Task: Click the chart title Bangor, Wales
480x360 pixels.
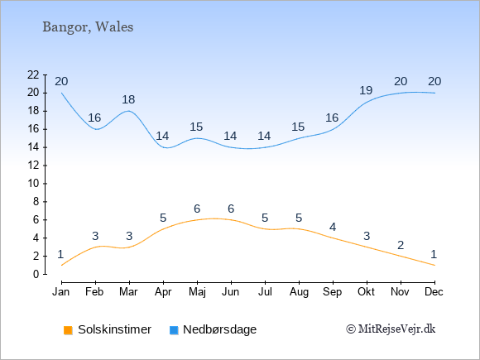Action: point(88,27)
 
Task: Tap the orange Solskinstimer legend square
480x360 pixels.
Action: point(68,330)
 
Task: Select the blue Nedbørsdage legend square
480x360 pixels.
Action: point(174,330)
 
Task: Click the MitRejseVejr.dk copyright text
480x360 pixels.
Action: point(391,329)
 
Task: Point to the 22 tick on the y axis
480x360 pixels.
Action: point(33,74)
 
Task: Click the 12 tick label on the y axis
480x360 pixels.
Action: point(33,166)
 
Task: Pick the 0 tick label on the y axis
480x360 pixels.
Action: point(36,274)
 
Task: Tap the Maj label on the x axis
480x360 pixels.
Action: point(197,292)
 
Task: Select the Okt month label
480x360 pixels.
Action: point(366,292)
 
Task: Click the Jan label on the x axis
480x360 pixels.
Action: point(61,292)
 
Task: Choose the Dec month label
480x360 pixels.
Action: point(434,292)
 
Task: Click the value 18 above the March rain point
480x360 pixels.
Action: point(128,99)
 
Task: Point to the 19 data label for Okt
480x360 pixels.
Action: point(366,90)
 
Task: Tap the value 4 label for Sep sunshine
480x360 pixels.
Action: point(333,227)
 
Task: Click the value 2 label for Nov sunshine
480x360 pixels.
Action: point(401,245)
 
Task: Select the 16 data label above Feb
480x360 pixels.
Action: point(94,118)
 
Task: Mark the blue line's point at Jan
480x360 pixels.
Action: point(62,93)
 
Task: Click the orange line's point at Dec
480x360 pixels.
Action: point(434,265)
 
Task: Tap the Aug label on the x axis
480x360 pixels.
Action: point(299,292)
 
